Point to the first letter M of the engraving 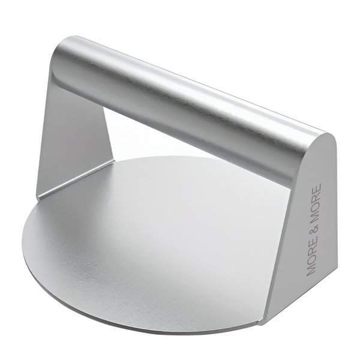(x=311, y=271)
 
